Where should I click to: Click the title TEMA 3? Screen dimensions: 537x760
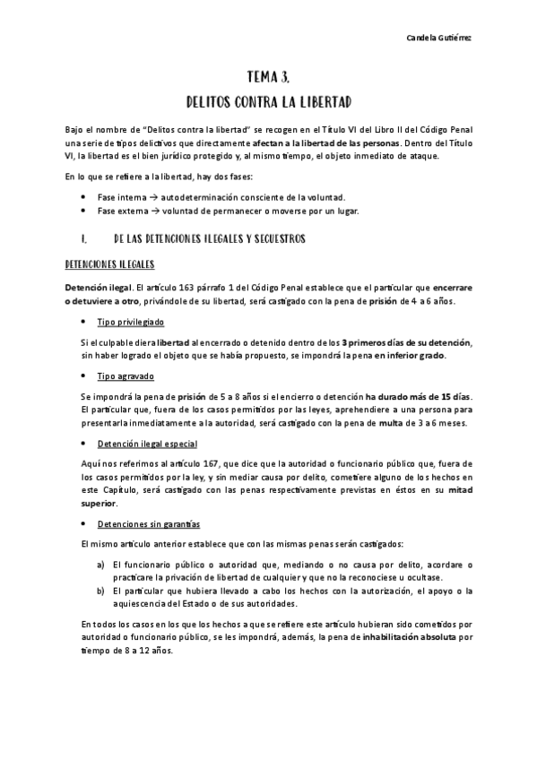click(x=267, y=77)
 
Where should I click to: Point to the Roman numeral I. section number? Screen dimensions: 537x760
click(x=82, y=239)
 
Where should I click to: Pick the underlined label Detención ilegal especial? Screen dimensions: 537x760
click(x=147, y=445)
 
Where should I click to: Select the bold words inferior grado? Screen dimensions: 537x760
click(x=407, y=356)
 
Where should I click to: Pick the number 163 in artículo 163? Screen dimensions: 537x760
click(x=183, y=287)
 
